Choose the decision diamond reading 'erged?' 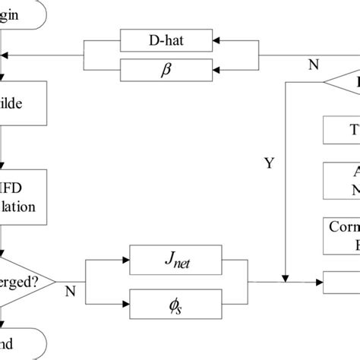point(27,280)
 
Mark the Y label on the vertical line point(269,162)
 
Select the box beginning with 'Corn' point(343,235)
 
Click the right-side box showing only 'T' point(343,129)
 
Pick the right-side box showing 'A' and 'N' point(343,181)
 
